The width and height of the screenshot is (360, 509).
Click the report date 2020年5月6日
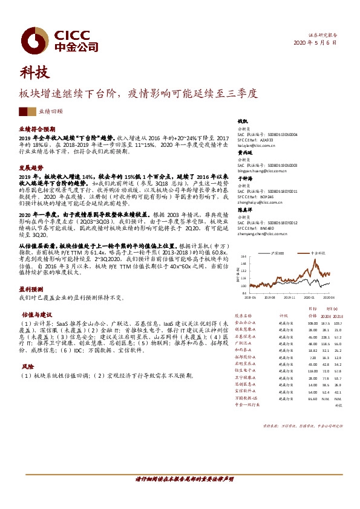(x=317, y=43)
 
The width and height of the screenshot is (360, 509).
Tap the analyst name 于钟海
(x=244, y=180)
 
